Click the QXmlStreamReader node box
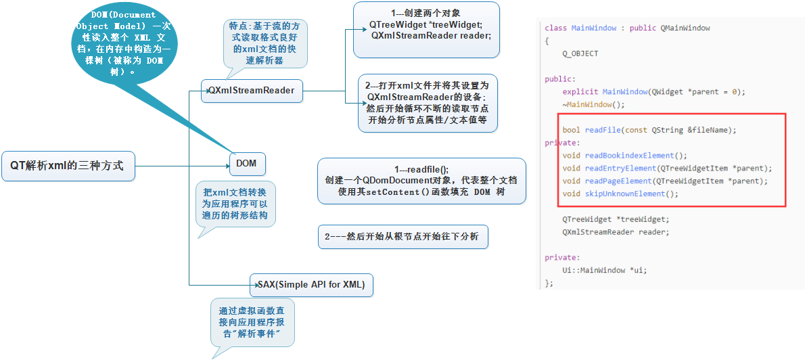coord(252,90)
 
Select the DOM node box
coord(246,163)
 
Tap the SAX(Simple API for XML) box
coord(311,285)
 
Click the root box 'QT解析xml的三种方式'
coord(68,165)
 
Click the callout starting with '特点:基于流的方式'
coord(265,43)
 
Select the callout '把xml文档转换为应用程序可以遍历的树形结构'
coord(235,204)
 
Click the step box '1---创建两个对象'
coord(425,30)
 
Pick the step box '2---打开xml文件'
coord(428,103)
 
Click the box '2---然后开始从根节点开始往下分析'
coord(402,238)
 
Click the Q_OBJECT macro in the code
coord(580,53)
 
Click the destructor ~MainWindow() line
coord(593,104)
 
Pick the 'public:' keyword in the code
coord(560,79)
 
